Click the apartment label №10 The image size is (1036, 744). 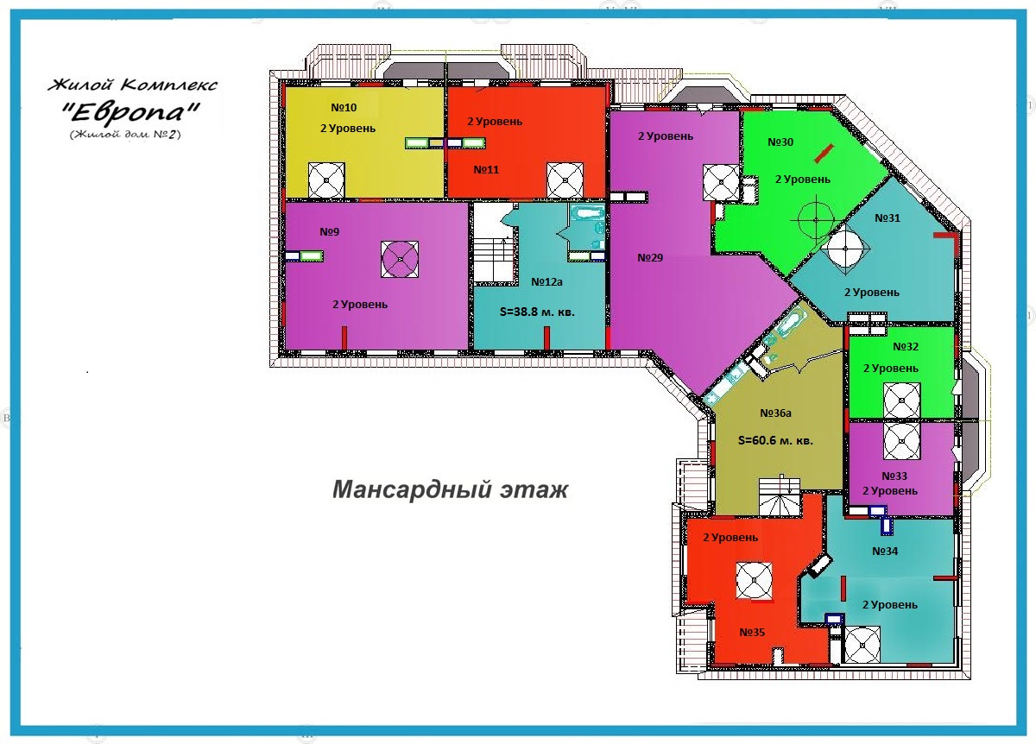(x=344, y=108)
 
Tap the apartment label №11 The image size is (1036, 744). (x=486, y=170)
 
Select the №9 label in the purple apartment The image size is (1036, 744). (x=329, y=231)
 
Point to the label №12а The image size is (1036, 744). (x=546, y=282)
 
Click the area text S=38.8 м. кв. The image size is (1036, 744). (x=537, y=312)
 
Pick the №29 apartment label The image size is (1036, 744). (x=650, y=257)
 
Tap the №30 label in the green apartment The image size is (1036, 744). (x=780, y=142)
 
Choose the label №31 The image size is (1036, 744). (x=888, y=218)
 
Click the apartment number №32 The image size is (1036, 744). (x=905, y=346)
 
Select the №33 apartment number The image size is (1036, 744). (x=894, y=476)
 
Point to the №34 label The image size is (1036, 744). (x=885, y=552)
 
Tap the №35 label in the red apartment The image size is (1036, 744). (x=752, y=632)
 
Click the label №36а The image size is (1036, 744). (x=775, y=413)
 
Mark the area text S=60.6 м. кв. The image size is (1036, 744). (x=775, y=441)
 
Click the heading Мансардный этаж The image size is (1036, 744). (x=450, y=490)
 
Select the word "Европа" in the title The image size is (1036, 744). (x=131, y=111)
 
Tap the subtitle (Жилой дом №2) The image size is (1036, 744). (x=125, y=135)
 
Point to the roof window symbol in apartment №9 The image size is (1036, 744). (x=400, y=260)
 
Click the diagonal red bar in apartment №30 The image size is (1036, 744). (x=824, y=154)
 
